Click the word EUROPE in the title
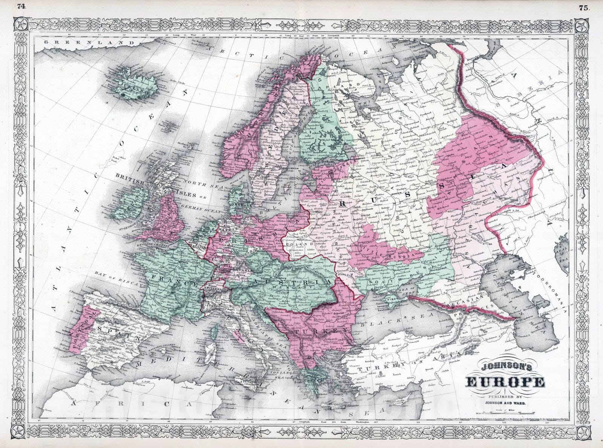coord(505,382)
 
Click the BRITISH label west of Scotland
coord(130,180)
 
